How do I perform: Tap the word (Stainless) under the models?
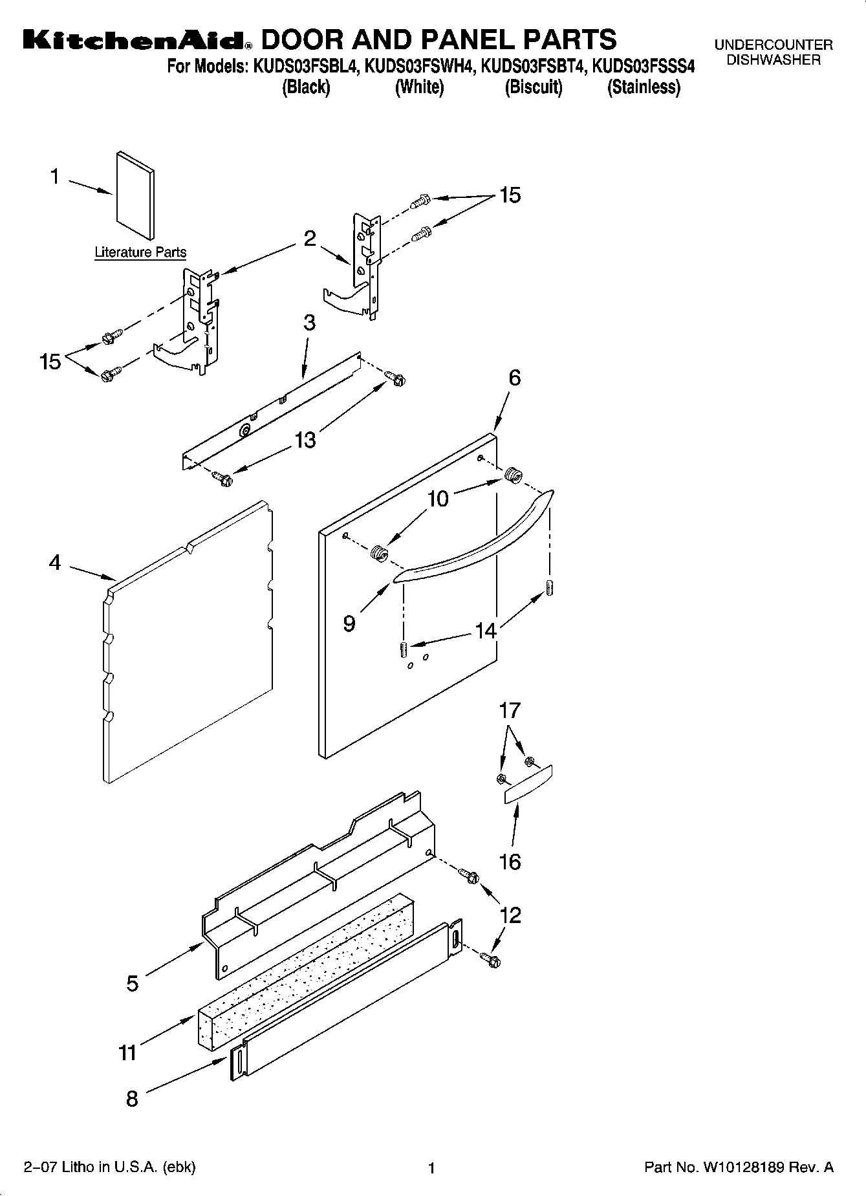tap(644, 87)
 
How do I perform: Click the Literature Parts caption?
tap(140, 252)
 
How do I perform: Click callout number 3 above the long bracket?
tap(309, 323)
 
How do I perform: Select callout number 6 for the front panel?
tap(514, 378)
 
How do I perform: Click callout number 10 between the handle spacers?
tap(438, 499)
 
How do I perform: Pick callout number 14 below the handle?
tap(485, 631)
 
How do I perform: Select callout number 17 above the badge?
tap(510, 711)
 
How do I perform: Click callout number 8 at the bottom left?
tap(132, 1098)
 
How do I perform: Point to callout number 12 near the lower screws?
tap(510, 916)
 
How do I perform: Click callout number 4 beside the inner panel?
tap(55, 563)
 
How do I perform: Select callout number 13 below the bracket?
tap(305, 440)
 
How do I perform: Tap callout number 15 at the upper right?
tap(510, 195)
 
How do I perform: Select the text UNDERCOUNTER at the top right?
tap(773, 45)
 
